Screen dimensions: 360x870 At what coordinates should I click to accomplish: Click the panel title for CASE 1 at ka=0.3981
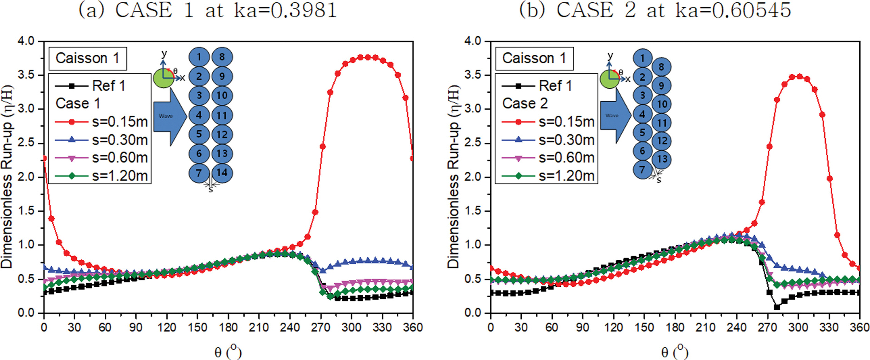tap(208, 10)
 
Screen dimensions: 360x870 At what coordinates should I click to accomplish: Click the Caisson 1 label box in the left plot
tap(87, 59)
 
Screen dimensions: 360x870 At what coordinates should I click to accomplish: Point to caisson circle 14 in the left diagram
tap(222, 173)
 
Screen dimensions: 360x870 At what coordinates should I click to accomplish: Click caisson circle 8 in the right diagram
tap(661, 67)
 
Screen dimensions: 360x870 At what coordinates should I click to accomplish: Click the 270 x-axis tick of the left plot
tap(321, 327)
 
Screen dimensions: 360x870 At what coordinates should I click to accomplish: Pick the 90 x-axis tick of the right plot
tap(583, 327)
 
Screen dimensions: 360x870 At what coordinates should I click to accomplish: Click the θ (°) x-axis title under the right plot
tap(674, 352)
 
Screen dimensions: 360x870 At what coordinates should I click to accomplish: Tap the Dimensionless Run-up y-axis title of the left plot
tap(7, 177)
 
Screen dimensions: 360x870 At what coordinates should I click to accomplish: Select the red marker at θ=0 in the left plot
tap(44, 158)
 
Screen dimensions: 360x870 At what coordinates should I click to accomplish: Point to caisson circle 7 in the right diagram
tap(642, 169)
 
